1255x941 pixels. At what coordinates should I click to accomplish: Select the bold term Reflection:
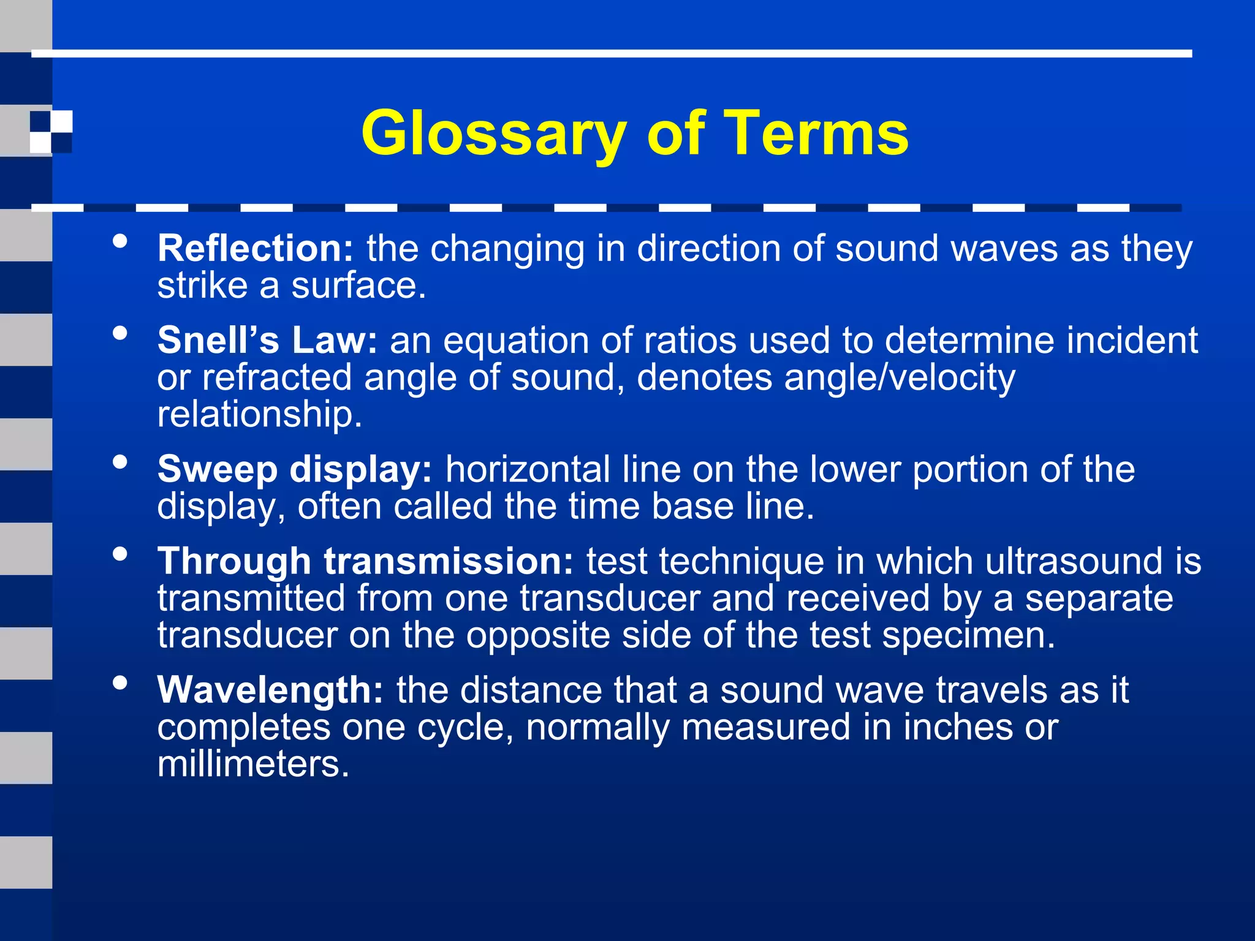(256, 249)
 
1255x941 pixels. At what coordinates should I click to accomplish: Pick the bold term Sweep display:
(295, 470)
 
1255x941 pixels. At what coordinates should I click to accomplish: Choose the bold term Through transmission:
(365, 561)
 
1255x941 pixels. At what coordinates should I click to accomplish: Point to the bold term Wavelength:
(270, 690)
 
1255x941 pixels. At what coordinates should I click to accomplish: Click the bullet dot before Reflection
(120, 241)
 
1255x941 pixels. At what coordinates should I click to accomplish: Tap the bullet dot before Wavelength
(120, 682)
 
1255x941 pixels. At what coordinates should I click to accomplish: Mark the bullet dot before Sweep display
(120, 462)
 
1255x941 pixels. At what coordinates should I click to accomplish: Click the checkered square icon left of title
(51, 132)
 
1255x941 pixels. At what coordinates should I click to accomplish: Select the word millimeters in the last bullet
(252, 765)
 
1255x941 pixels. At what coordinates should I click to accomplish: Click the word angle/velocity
(900, 377)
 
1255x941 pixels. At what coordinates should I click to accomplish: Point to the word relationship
(259, 415)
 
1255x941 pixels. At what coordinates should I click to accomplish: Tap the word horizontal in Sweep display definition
(527, 470)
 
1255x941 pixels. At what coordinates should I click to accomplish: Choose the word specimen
(969, 635)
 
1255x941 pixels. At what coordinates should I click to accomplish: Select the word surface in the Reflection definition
(358, 286)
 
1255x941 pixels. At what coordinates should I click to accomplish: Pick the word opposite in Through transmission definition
(538, 635)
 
